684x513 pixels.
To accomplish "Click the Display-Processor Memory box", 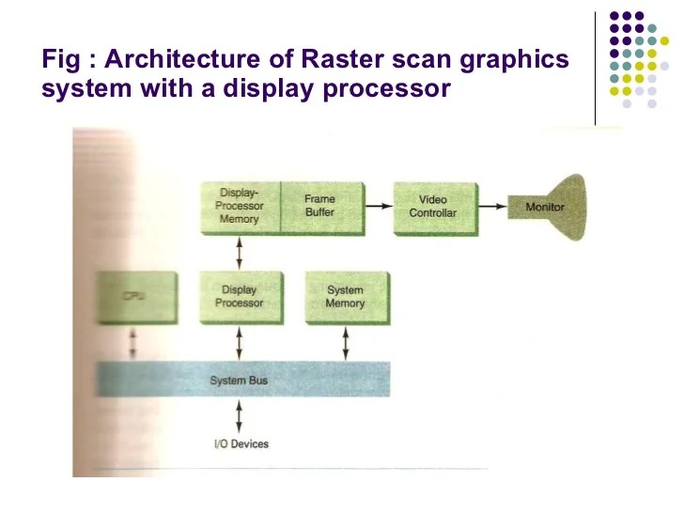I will coord(241,206).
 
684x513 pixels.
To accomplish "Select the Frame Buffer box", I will coord(319,206).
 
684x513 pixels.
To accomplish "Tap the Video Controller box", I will coord(432,206).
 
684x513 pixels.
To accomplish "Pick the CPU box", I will coord(136,297).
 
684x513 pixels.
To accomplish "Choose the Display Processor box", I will coord(241,297).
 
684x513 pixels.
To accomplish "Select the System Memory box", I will coord(345,297).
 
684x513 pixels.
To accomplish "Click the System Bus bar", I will coord(243,380).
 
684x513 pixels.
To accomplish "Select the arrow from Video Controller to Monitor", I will coord(492,205).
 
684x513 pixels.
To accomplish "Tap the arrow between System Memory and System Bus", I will coord(346,343).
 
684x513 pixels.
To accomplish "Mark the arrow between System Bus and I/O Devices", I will coord(241,414).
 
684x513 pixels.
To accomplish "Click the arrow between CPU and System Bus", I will coord(134,343).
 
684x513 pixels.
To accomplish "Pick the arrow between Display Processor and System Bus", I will coord(241,343).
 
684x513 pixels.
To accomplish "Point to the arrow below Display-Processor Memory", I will coord(241,252).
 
